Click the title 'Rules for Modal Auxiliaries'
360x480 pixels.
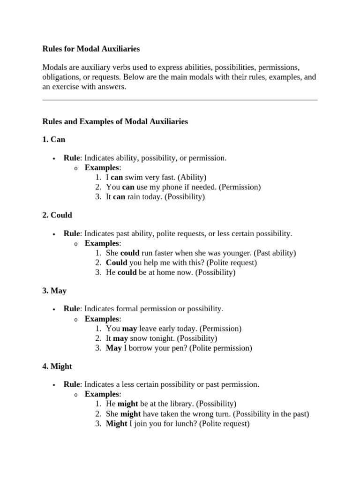(91, 49)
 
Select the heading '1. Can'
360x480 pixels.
(53, 140)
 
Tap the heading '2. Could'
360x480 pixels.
(57, 215)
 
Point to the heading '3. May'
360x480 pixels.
(54, 291)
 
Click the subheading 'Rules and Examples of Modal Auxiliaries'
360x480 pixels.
(115, 121)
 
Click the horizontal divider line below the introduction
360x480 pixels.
(180, 100)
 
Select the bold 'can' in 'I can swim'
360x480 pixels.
(116, 177)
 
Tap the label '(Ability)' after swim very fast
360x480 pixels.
(192, 177)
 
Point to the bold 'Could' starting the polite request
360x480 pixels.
(116, 262)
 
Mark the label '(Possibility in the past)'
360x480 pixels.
(271, 414)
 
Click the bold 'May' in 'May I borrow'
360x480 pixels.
(113, 348)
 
